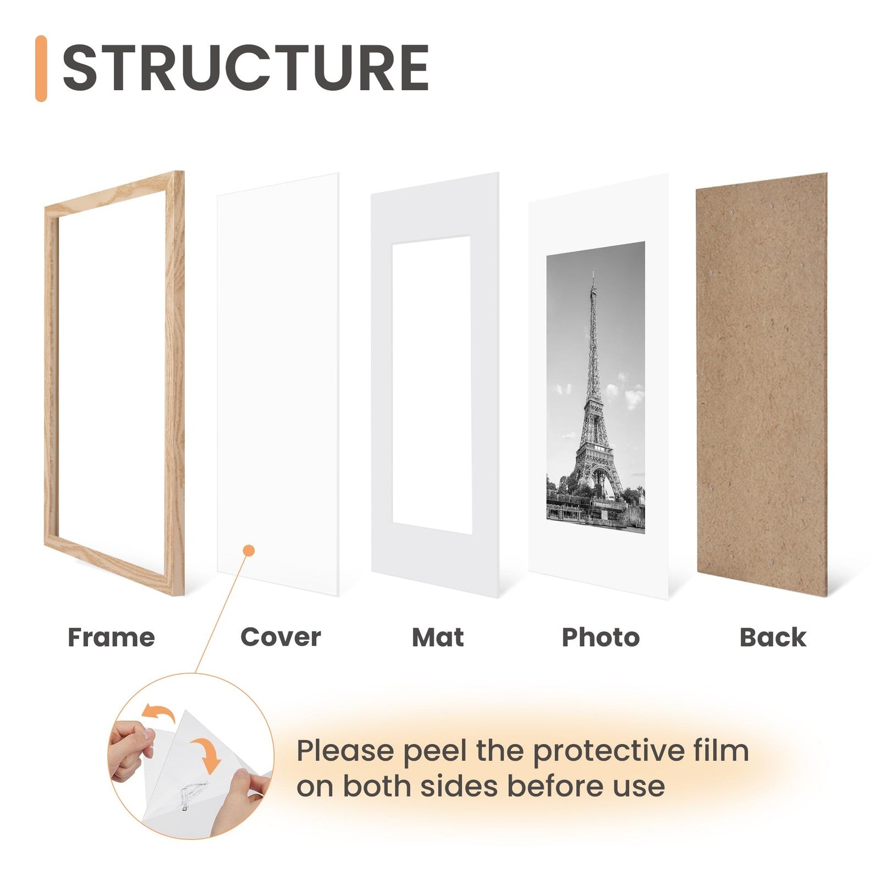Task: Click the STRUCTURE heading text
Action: (x=245, y=68)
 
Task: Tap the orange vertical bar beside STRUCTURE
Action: (x=41, y=68)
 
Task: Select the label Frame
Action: (x=111, y=637)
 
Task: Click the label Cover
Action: (x=280, y=637)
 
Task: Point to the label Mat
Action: (x=438, y=637)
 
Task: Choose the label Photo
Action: (x=601, y=637)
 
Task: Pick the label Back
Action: (x=773, y=637)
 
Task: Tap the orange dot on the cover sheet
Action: (x=249, y=550)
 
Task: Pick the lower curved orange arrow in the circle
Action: (x=207, y=755)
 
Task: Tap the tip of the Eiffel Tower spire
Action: (x=593, y=271)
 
